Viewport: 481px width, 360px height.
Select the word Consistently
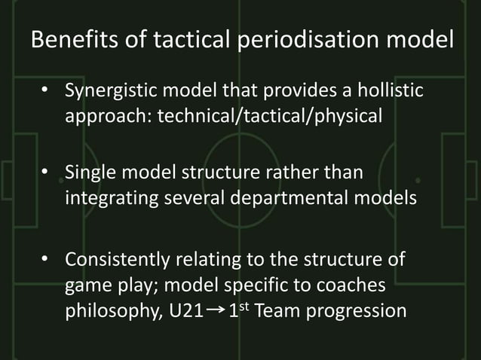coord(117,260)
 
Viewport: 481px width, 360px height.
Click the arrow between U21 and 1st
coord(214,310)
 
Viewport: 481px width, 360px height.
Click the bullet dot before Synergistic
coord(46,93)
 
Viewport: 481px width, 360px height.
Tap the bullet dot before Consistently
coord(46,260)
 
